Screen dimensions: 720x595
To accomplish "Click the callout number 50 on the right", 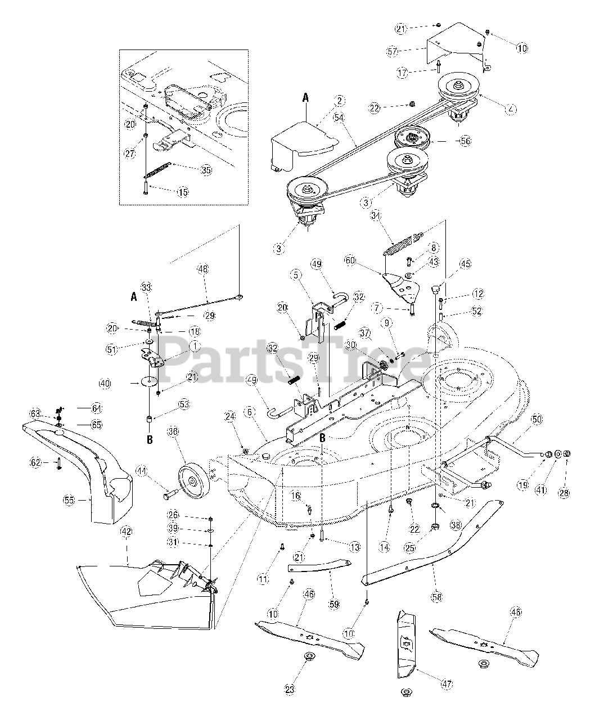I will click(536, 420).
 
